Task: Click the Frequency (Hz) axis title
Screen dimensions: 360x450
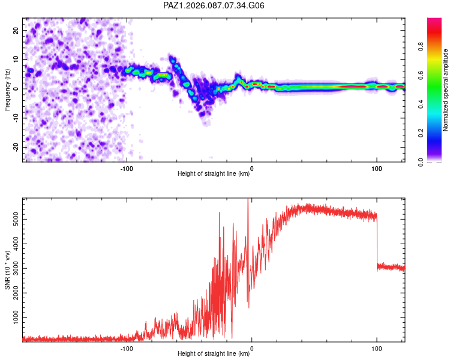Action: click(x=7, y=90)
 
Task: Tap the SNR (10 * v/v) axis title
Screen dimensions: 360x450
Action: click(x=7, y=270)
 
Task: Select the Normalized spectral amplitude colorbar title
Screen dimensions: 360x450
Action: click(x=446, y=90)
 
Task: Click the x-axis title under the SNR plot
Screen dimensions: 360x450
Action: click(x=214, y=354)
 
